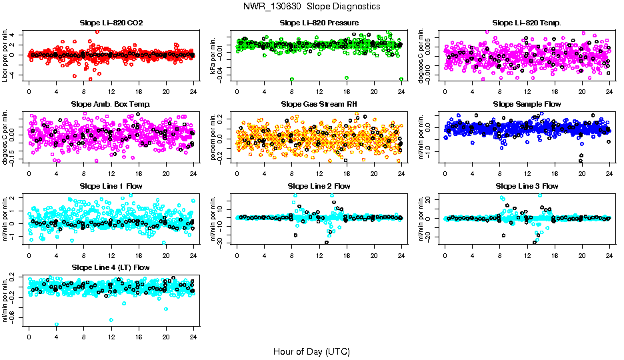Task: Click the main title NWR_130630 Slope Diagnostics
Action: pyautogui.click(x=312, y=6)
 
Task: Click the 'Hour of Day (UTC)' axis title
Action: pyautogui.click(x=311, y=351)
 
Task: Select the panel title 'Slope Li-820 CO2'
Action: pyautogui.click(x=111, y=23)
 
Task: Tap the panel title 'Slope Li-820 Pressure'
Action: pyautogui.click(x=319, y=23)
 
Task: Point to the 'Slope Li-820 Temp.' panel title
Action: pyautogui.click(x=527, y=23)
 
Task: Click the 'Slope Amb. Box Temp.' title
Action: pyautogui.click(x=111, y=104)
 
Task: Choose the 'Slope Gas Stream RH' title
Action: pyautogui.click(x=319, y=104)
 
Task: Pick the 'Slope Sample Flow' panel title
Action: pyautogui.click(x=527, y=104)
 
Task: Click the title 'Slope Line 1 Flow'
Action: pyautogui.click(x=111, y=185)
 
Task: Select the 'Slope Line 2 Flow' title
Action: pyautogui.click(x=319, y=185)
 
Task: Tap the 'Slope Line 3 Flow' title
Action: pyautogui.click(x=527, y=185)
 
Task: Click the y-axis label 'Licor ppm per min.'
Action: pyautogui.click(x=5, y=55)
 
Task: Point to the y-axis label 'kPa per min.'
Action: pyautogui.click(x=213, y=55)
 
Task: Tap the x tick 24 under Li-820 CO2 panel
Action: pyautogui.click(x=193, y=91)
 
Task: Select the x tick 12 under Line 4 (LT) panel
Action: pyautogui.click(x=111, y=335)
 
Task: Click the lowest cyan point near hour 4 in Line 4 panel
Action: pyautogui.click(x=57, y=325)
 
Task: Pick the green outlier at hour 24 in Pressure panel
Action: pyautogui.click(x=401, y=79)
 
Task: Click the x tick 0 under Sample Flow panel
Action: pyautogui.click(x=445, y=173)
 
